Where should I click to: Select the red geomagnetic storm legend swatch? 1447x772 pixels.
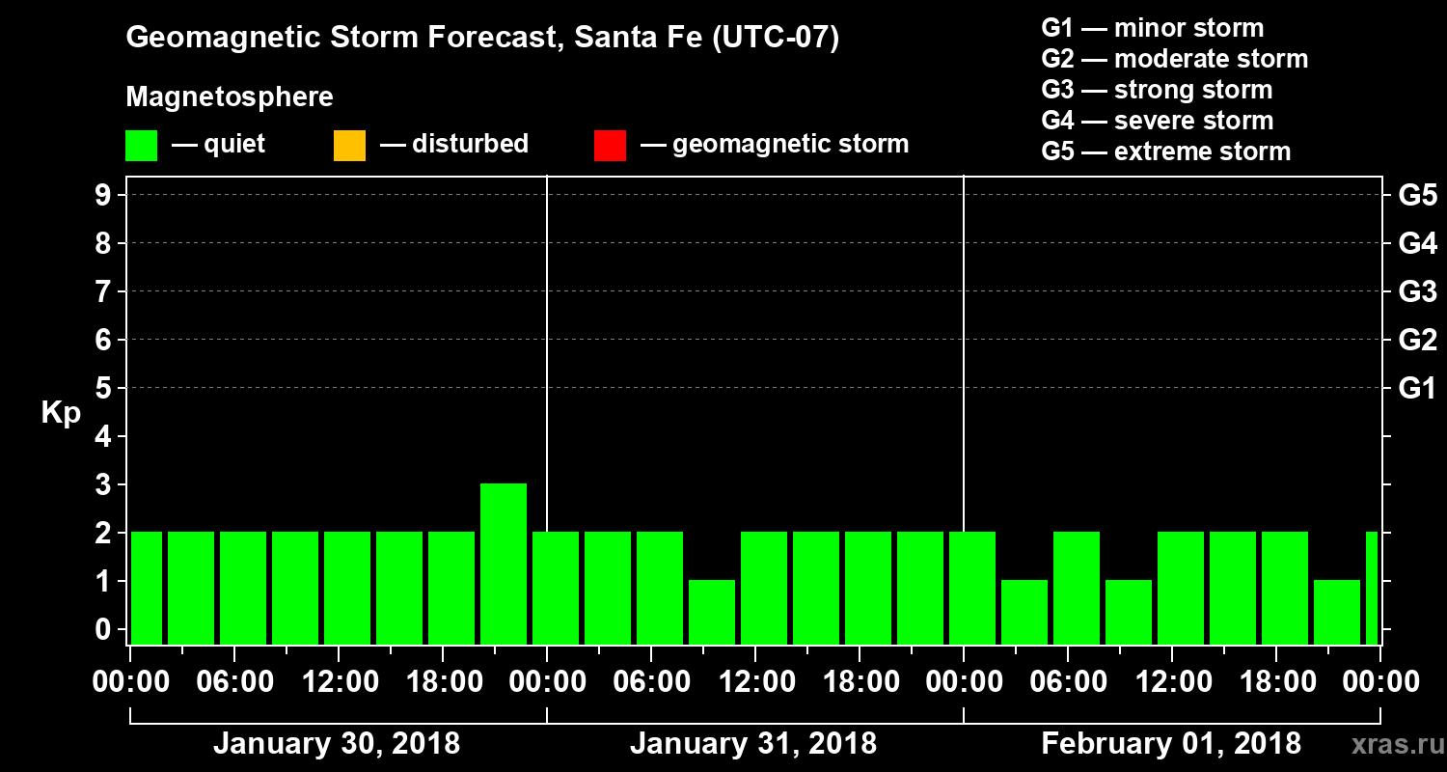[x=610, y=146]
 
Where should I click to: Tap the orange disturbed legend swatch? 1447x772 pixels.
[x=349, y=146]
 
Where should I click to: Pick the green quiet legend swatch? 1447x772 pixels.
[x=141, y=146]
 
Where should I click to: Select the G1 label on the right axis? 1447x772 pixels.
[x=1417, y=389]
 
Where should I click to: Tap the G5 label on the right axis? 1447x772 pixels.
[x=1417, y=196]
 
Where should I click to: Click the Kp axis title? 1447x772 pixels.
[x=61, y=413]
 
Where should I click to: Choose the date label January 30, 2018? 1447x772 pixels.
[x=336, y=744]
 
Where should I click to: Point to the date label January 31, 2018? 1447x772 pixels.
[x=753, y=744]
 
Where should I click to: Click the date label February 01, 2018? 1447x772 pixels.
[x=1171, y=744]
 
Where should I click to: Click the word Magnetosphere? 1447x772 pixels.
[x=230, y=97]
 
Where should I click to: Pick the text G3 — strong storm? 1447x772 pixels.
[x=1157, y=90]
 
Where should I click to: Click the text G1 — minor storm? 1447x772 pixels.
[x=1152, y=28]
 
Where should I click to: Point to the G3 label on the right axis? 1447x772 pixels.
[x=1417, y=292]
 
